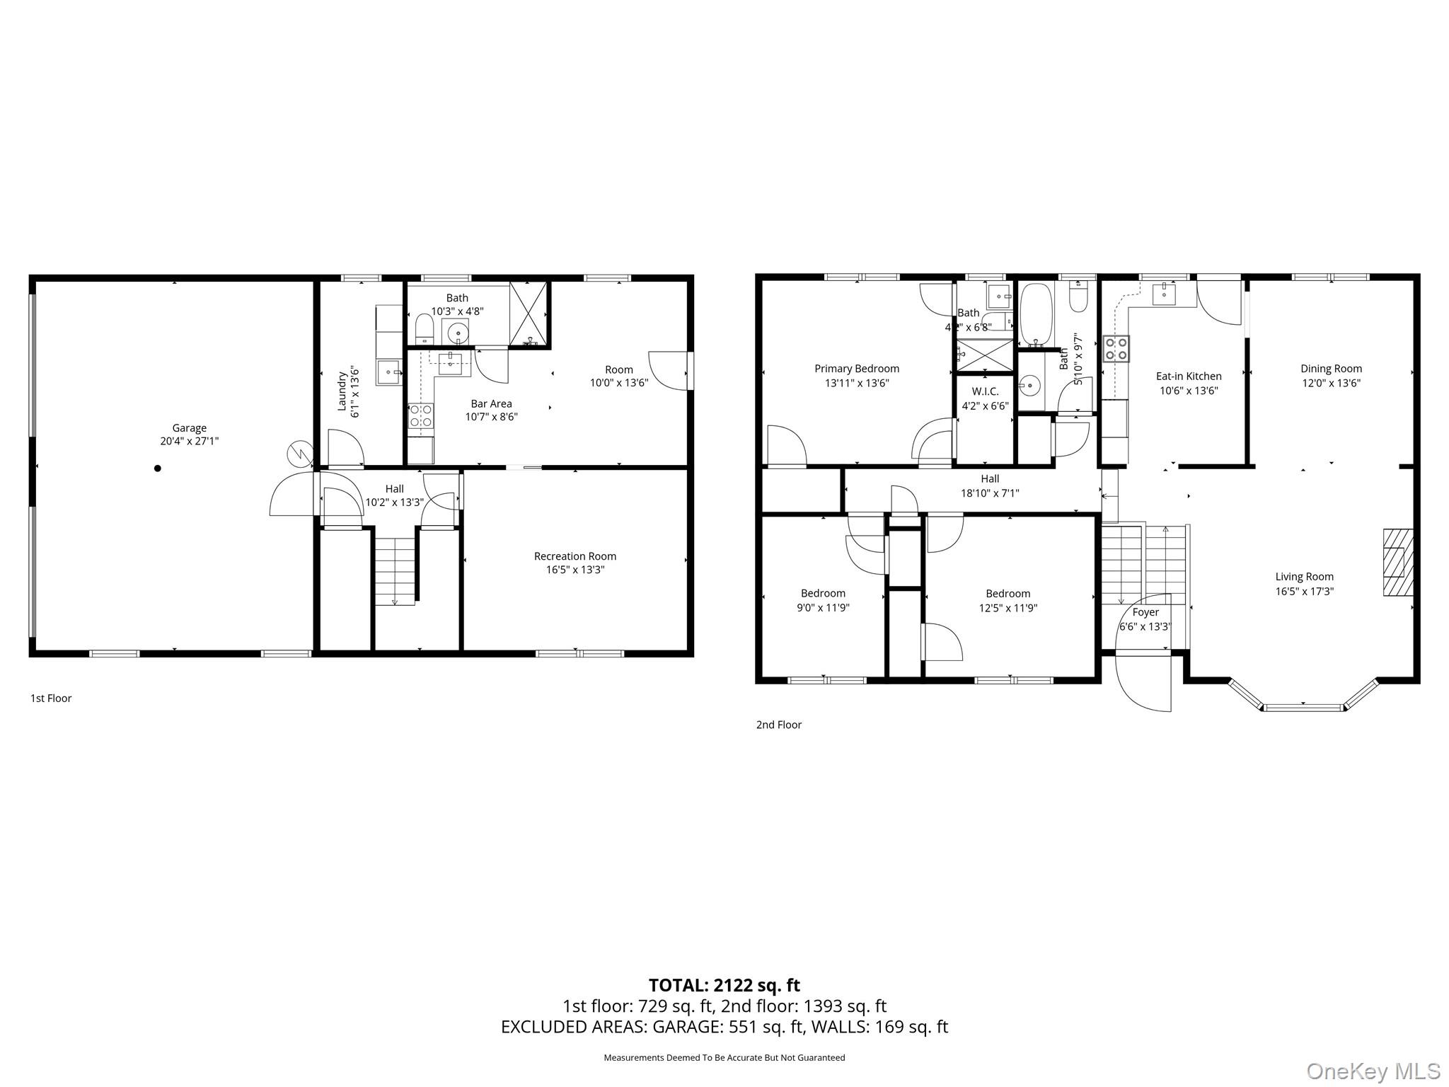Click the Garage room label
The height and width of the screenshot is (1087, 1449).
189,427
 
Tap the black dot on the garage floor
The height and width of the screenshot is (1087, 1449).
158,468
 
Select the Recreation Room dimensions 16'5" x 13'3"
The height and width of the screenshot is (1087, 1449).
575,570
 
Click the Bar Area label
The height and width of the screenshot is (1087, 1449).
491,403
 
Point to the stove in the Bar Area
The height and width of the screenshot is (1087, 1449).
420,415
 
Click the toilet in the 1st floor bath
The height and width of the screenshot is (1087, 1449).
424,329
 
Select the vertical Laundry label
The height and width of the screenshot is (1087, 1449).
342,391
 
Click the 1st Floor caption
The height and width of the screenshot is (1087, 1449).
51,698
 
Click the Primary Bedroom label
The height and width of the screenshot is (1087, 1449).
856,368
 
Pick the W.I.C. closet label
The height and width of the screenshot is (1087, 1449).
985,391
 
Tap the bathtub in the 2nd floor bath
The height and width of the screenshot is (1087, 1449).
1037,315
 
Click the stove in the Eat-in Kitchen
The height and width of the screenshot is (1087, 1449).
1116,349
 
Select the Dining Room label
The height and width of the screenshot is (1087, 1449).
1330,368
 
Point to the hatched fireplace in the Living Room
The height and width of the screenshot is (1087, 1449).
1397,563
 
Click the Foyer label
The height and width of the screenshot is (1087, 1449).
1145,612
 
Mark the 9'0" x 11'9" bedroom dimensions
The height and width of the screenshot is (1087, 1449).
823,607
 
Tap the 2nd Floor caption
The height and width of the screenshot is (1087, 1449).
778,725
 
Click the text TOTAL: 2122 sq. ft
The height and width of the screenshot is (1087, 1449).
724,985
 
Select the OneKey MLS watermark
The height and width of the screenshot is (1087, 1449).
1373,1071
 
